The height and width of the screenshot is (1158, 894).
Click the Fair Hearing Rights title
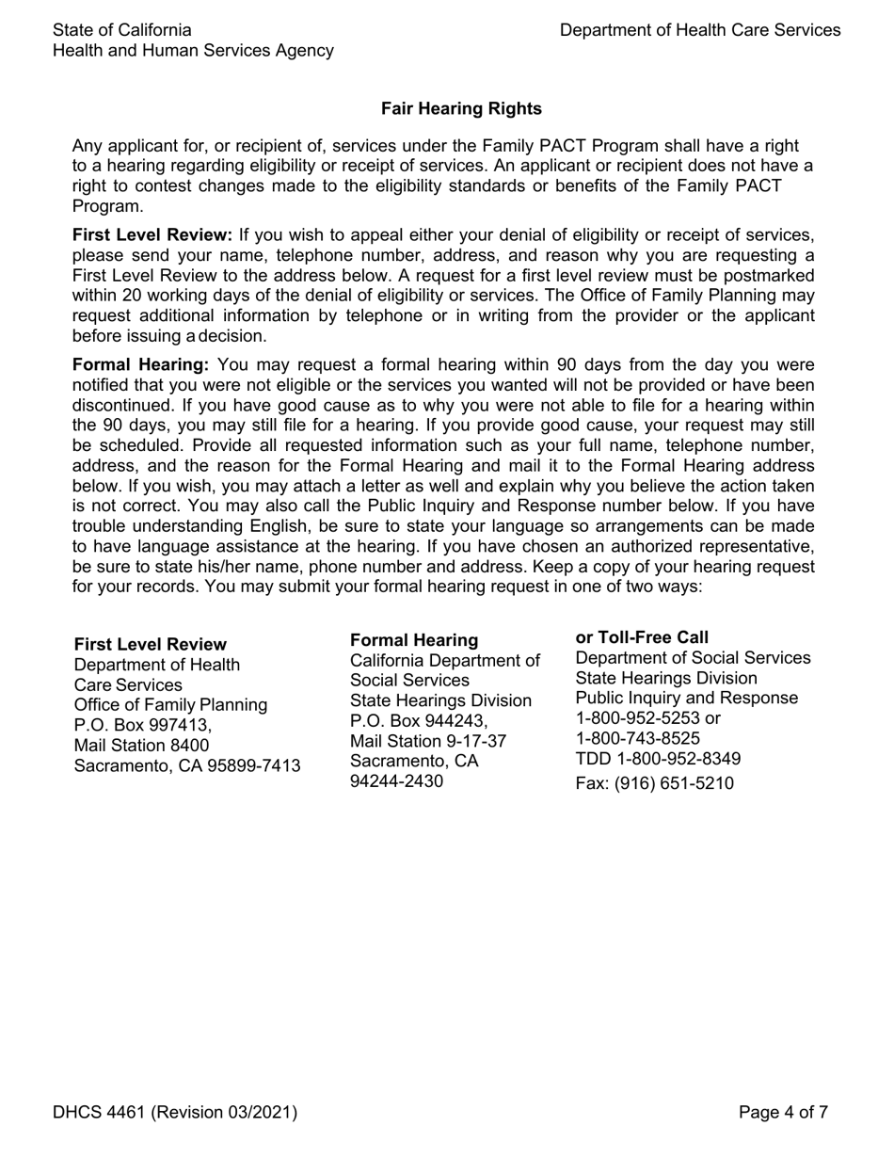point(461,109)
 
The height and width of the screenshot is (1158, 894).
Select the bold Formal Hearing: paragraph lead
point(140,365)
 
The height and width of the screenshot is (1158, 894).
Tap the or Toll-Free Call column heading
point(642,637)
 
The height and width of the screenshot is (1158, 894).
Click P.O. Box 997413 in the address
point(143,725)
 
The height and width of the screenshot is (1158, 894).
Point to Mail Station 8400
point(142,746)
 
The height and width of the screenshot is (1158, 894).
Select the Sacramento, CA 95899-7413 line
point(187,765)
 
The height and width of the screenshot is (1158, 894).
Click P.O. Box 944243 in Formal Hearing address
point(419,721)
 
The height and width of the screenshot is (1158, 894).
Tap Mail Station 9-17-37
point(428,741)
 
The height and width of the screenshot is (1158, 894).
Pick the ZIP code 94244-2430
point(396,781)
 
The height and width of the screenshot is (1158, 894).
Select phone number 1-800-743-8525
point(637,738)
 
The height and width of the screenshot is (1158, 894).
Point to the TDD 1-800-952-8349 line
point(658,759)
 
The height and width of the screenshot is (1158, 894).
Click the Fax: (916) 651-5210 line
point(654,783)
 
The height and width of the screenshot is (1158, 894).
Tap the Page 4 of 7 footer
point(783,1113)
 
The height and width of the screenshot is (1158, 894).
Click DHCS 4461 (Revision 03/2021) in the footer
point(175,1113)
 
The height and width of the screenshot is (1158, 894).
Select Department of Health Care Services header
point(700,30)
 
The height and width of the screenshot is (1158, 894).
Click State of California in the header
point(122,30)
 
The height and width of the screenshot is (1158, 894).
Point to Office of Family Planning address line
point(170,705)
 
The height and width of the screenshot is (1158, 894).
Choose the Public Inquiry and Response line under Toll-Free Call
point(686,698)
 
